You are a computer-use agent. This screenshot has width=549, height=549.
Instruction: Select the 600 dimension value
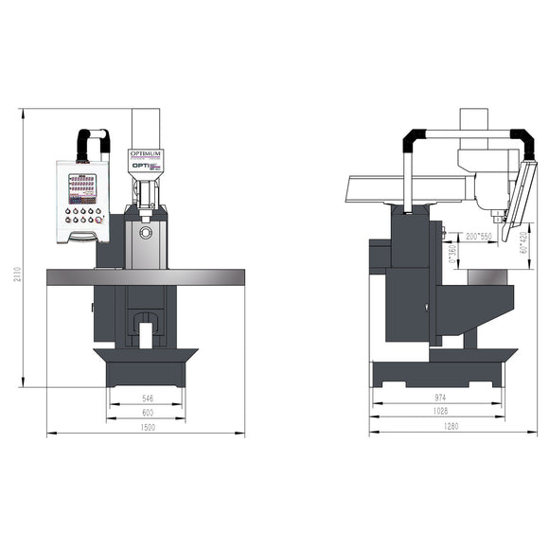[x=148, y=414]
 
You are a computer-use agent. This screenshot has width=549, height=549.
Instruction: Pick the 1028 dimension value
[x=438, y=414]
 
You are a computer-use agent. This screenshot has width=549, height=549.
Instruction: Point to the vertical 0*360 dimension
[x=452, y=252]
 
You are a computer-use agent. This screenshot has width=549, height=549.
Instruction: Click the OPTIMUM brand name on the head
[x=146, y=152]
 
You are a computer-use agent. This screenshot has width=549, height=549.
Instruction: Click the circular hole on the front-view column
[x=145, y=231]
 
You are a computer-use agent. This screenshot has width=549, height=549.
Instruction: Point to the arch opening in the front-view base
[x=146, y=334]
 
